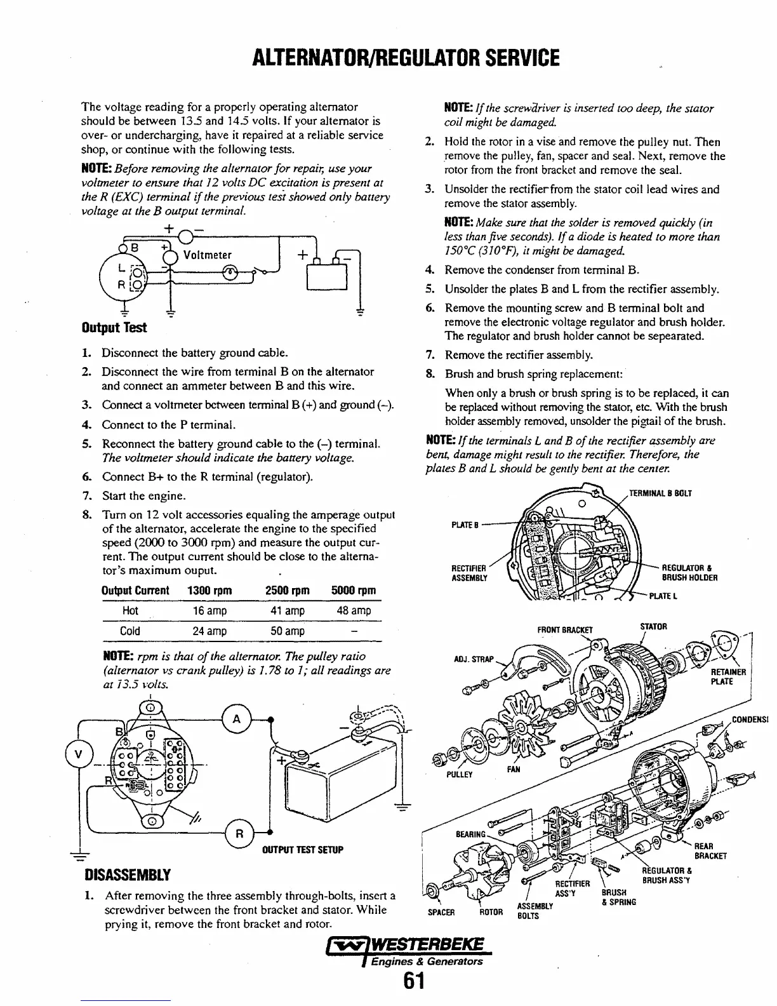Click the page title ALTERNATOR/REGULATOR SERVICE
388,58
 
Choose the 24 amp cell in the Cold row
209,631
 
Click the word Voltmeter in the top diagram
207,255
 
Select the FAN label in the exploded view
514,769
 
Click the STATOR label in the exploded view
653,627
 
